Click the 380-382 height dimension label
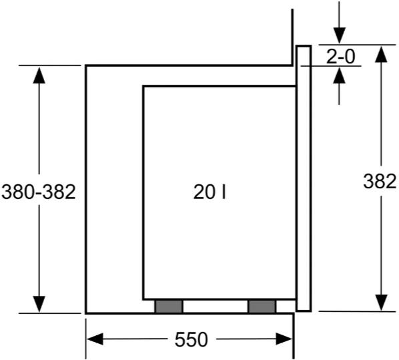[39, 192]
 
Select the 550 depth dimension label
[191, 339]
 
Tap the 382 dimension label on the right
[380, 182]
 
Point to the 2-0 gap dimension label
[340, 56]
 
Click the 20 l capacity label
[210, 192]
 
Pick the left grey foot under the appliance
[169, 307]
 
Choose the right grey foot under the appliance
[262, 307]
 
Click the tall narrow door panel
[304, 178]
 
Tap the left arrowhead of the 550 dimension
[95, 339]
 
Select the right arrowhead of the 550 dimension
[284, 339]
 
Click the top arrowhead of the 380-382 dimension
[39, 75]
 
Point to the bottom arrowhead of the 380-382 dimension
[39, 304]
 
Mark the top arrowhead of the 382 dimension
[381, 54]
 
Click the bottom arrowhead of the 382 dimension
[381, 303]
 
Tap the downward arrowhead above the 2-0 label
[339, 35]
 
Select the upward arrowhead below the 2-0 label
[339, 75]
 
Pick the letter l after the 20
[224, 192]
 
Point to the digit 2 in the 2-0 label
[332, 56]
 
